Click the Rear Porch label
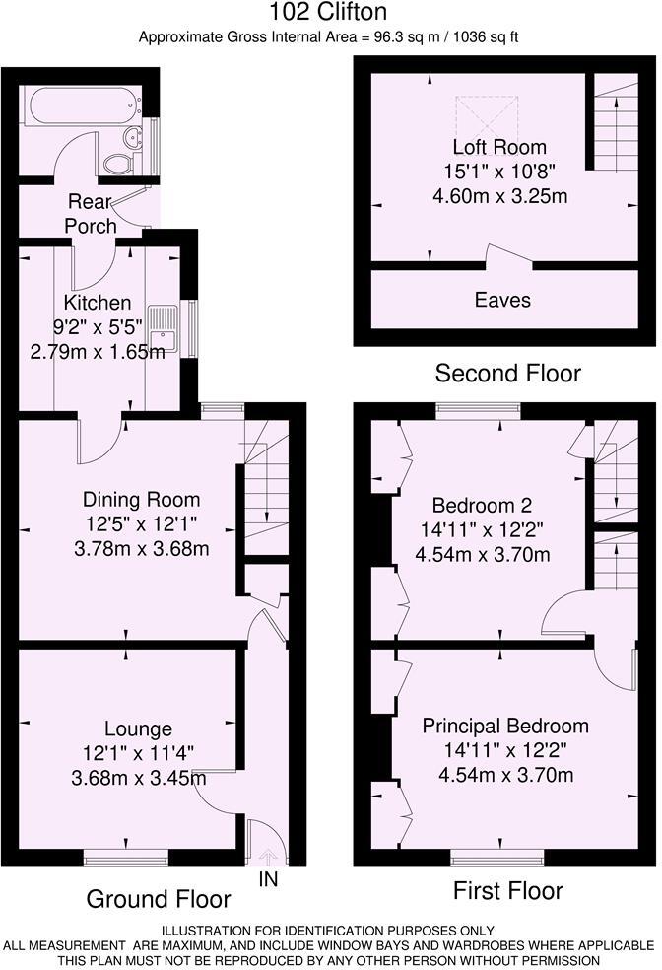point(92,214)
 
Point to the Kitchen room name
point(98,302)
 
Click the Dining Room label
point(141,499)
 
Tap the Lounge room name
point(138,729)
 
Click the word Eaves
point(502,300)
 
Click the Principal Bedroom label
point(505,727)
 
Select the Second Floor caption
point(507,374)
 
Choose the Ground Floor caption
point(159,899)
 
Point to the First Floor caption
point(507,891)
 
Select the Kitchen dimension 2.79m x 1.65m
point(98,351)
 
